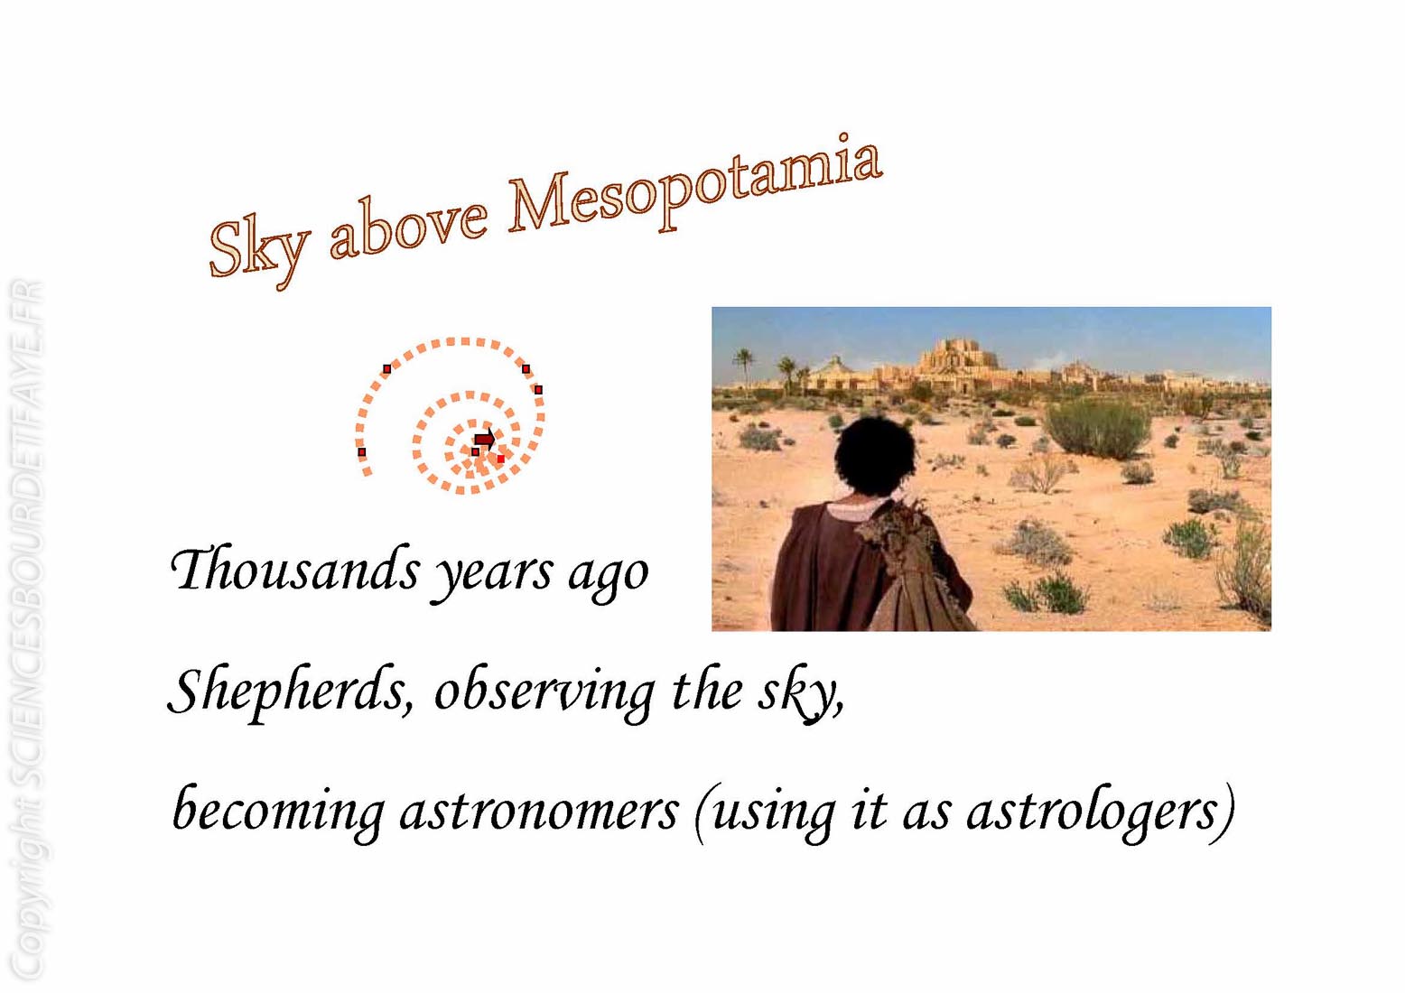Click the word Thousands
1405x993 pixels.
294,570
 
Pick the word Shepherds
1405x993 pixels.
291,692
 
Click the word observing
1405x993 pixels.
544,692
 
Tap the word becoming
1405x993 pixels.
278,812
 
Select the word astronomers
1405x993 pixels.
539,812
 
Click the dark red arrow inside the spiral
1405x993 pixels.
484,439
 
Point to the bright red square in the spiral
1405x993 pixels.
500,459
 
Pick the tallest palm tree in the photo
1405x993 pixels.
744,367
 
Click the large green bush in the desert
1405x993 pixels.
1098,430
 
